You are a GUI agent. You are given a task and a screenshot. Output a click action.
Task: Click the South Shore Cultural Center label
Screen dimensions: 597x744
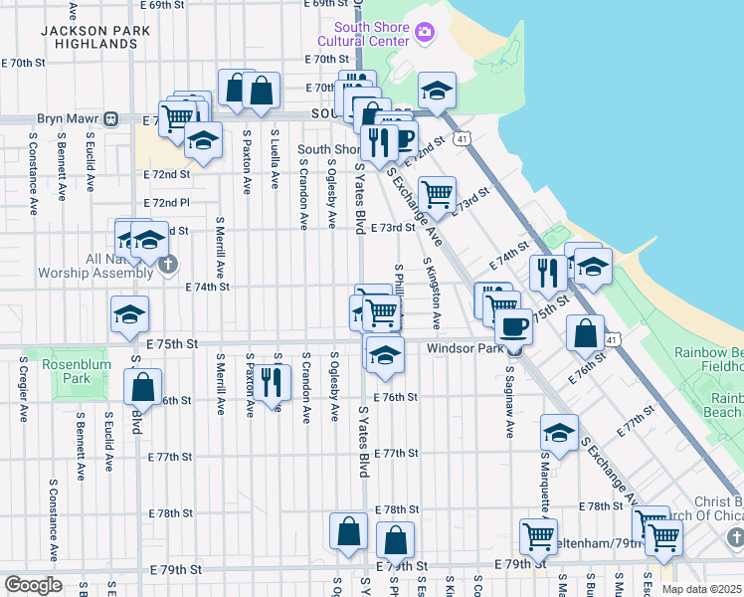[363, 34]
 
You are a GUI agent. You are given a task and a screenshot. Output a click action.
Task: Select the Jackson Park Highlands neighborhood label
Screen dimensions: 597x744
[95, 38]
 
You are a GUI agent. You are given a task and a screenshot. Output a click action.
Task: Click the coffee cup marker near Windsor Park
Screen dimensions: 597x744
[513, 325]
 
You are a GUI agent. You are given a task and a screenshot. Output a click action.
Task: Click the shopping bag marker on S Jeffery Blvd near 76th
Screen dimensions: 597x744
[144, 387]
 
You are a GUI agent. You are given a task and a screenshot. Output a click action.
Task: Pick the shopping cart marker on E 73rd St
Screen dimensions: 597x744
[437, 193]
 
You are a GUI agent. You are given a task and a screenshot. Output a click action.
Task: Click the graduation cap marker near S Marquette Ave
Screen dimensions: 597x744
[560, 433]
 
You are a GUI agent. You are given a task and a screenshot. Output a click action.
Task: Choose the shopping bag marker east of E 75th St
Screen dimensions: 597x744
[585, 333]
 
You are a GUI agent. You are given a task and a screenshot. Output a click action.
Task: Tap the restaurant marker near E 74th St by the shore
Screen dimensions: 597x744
[548, 272]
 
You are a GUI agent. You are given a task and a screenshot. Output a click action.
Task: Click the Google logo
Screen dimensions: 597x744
[33, 584]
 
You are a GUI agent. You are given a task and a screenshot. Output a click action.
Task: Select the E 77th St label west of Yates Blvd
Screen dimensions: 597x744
[169, 457]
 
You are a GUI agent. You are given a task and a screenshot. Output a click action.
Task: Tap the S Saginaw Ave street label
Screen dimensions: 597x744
[508, 403]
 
